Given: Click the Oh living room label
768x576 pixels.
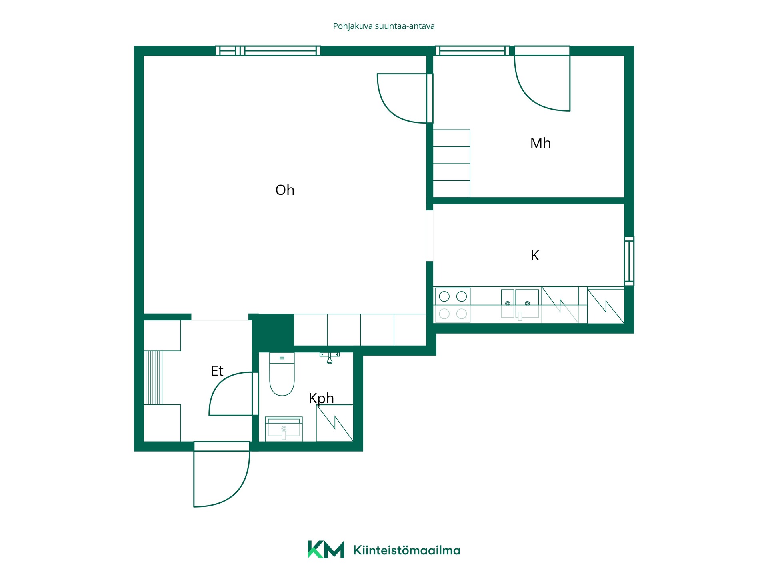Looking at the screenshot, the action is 285,190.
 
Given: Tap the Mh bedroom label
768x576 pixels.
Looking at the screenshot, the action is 540,143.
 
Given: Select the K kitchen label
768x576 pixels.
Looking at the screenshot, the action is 535,256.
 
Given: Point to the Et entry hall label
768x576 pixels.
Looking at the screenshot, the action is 217,371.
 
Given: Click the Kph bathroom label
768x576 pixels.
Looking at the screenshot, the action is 321,399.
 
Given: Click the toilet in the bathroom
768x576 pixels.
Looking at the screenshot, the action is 282,374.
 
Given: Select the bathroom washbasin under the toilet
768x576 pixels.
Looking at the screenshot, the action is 284,429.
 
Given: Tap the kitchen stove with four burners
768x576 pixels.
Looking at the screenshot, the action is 452,305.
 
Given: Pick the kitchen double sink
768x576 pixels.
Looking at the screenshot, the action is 520,304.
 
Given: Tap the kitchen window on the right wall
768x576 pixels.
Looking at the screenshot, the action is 629,261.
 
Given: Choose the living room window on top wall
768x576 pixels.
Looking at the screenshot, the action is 268,51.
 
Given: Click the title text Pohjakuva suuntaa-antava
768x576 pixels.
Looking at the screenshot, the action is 384,26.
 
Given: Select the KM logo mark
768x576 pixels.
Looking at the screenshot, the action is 326,549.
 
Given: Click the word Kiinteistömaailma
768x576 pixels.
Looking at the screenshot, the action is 407,550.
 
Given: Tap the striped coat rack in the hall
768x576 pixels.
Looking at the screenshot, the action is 153,378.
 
